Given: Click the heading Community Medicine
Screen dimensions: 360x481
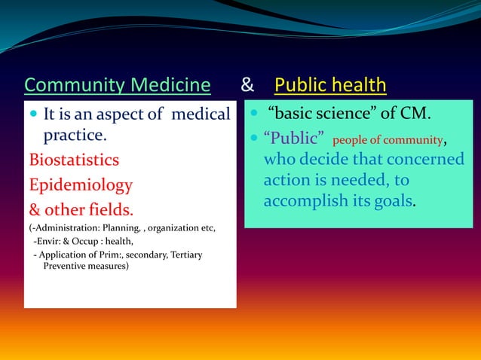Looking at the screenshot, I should coord(117,86).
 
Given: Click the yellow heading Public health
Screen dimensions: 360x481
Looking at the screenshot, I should coord(330,86).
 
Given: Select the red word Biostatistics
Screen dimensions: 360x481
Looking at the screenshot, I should coord(74,160).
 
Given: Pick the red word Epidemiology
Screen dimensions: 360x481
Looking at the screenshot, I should coord(81,185).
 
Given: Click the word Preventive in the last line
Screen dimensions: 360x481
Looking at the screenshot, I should coord(66,266).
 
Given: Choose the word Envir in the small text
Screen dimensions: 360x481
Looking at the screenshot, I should coord(51,241).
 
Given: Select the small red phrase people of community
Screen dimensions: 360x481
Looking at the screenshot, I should coord(387,141).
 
